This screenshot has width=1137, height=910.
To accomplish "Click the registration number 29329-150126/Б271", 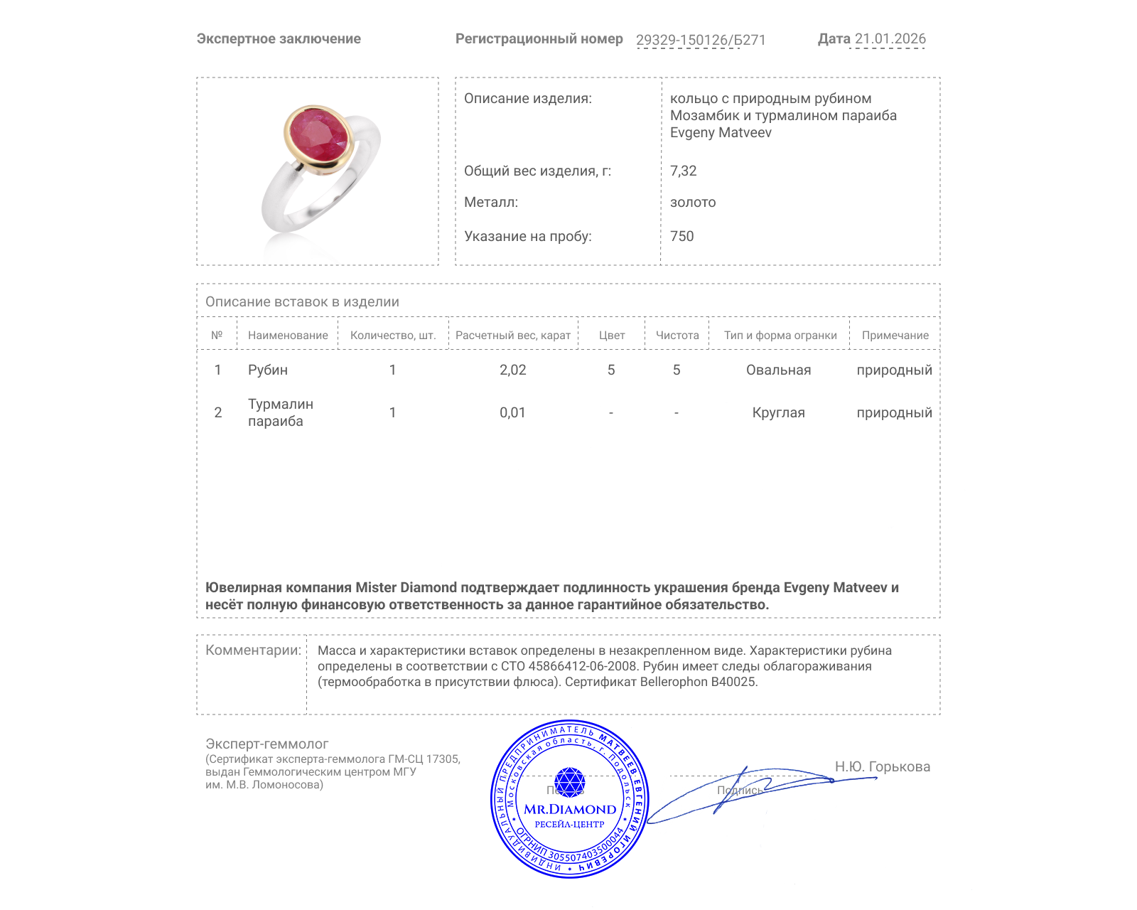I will pos(701,40).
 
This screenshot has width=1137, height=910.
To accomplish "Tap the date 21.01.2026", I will pos(890,39).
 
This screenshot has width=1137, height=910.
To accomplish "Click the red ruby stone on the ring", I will pos(318,135).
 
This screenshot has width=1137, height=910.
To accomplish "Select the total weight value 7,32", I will pos(683,171).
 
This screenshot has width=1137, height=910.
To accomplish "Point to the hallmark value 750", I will pos(681,236).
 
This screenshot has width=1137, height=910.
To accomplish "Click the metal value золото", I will pos(693,202).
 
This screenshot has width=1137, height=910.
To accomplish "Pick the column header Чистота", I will pos(677,336).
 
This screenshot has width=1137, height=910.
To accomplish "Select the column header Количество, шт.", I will pos(393,336).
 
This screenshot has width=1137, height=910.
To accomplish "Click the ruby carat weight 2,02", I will pos(512,370).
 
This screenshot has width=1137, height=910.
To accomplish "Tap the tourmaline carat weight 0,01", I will pos(512,412).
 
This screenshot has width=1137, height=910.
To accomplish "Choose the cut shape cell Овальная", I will pos(778,370).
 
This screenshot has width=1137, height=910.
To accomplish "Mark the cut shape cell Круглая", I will pos(778,412).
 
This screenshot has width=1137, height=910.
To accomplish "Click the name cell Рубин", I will pos(268,370).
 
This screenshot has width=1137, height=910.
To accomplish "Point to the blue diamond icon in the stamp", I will pos(569,782).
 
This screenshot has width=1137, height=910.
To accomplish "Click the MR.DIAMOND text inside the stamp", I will pos(570,809).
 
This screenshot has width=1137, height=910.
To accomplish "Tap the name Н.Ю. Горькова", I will pos(882,766).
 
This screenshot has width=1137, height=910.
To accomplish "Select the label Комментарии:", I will pos(253,650).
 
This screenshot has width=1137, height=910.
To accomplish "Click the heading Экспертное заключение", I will pos(279,39).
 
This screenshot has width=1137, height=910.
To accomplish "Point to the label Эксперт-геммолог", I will pos(266,744).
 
